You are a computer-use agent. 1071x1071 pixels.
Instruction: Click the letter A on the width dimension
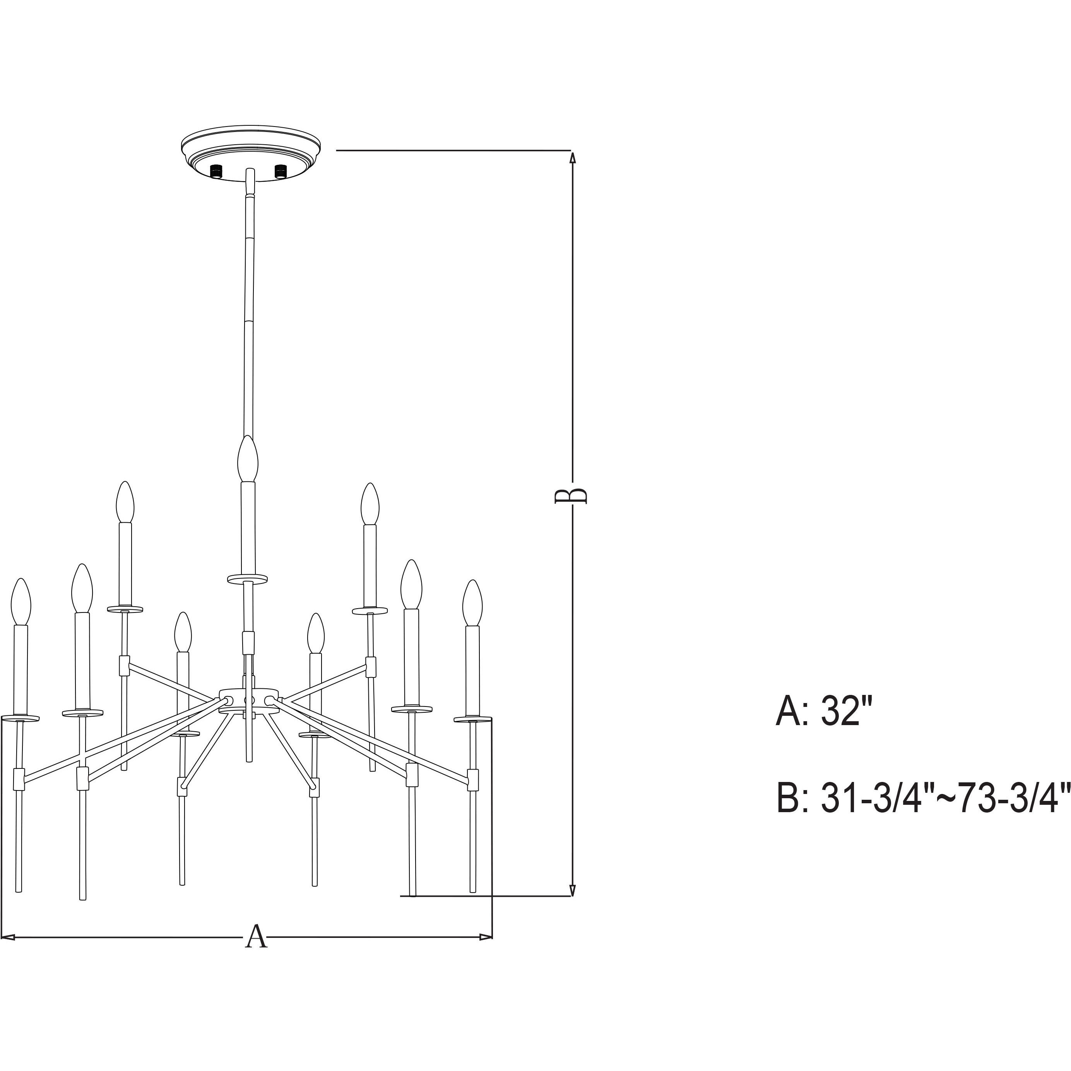point(256,938)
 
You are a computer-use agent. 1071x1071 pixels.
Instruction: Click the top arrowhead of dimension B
point(573,158)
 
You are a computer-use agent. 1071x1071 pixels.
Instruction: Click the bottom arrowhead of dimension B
point(573,906)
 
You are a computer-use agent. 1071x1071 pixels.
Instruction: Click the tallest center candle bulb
point(248,460)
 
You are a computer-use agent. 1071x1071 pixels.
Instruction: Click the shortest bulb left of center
point(183,633)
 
